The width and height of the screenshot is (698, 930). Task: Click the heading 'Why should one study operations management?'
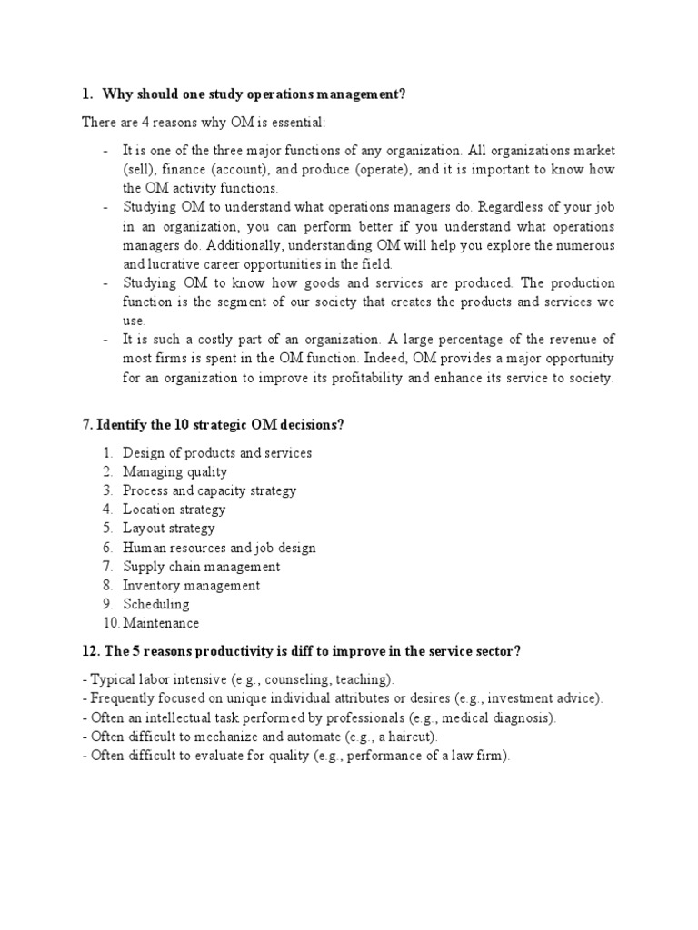pos(254,94)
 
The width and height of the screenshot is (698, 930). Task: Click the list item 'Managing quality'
pos(175,471)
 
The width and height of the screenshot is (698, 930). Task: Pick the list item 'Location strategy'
pos(174,510)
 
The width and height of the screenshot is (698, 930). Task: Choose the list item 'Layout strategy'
pos(169,529)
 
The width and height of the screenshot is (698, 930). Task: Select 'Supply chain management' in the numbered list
pos(202,567)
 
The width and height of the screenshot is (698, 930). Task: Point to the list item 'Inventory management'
pos(192,586)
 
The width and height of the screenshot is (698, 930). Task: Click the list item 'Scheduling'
pos(156,604)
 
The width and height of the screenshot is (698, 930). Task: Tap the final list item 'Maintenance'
pos(161,623)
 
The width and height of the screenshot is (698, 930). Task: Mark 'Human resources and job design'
pos(220,548)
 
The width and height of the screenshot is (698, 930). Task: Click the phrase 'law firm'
pos(477,756)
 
